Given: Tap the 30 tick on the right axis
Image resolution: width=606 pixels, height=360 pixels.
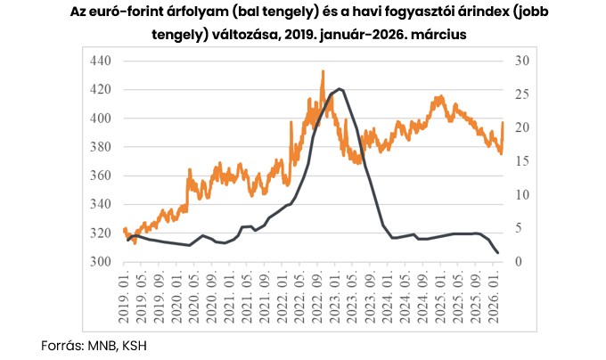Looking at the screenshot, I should (520, 61).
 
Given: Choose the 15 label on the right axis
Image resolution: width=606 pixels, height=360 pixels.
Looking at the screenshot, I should (520, 161).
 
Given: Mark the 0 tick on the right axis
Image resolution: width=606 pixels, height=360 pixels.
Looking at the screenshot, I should (518, 262).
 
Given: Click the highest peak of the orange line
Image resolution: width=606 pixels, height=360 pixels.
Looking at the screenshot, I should (323, 71).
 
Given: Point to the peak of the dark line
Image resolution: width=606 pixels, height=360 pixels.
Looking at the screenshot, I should (339, 89).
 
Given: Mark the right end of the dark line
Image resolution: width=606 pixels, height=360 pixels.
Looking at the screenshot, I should (497, 253).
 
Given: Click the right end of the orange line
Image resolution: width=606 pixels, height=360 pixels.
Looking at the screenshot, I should (503, 122).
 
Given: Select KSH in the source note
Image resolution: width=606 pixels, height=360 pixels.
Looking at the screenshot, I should (131, 343).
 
